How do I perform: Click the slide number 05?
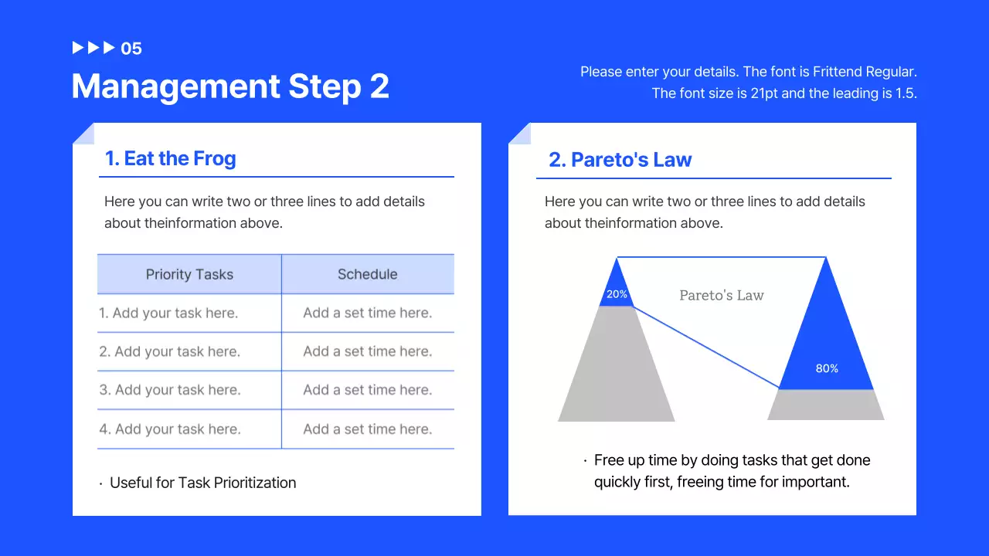[131, 49]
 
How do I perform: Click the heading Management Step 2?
[230, 86]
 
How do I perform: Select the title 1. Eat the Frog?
[170, 158]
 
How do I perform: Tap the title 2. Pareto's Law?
[620, 160]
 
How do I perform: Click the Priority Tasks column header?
[189, 274]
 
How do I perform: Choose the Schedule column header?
[367, 274]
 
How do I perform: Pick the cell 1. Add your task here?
[168, 313]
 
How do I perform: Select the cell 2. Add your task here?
[169, 351]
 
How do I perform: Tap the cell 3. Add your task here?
[169, 390]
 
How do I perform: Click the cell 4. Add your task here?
[169, 429]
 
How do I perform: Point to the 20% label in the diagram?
[617, 294]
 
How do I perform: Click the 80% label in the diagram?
[827, 368]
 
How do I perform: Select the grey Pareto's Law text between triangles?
[721, 295]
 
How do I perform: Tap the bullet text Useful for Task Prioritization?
[202, 483]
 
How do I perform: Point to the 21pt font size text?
[766, 93]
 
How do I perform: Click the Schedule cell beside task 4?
[367, 429]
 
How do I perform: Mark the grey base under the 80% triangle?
[825, 405]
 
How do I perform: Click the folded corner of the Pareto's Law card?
[518, 133]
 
